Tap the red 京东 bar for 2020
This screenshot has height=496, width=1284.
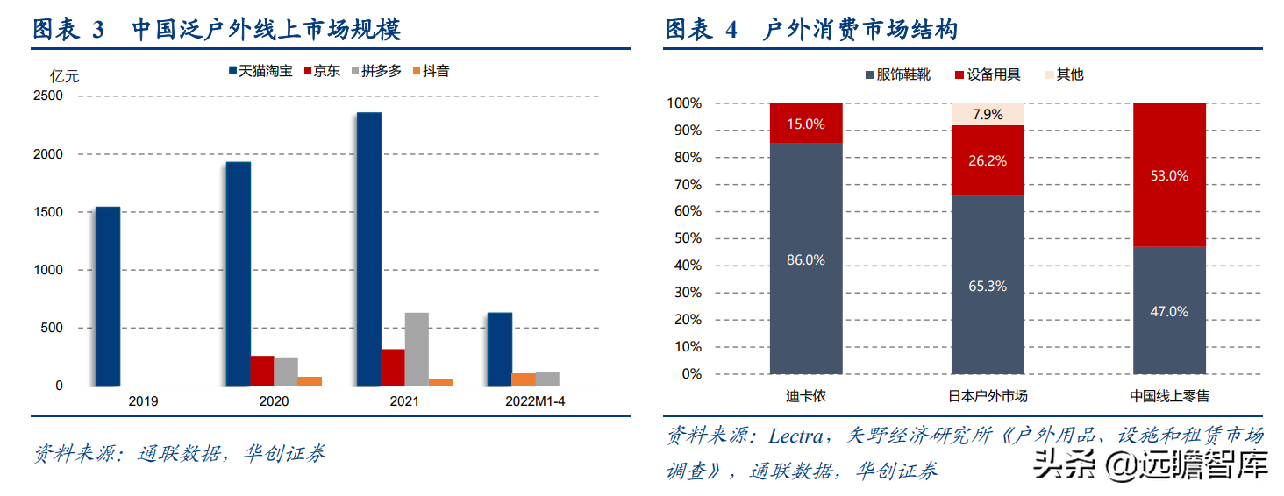[x=262, y=371]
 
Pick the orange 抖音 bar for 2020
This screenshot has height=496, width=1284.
[x=310, y=381]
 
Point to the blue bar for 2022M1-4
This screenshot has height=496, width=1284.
[x=500, y=349]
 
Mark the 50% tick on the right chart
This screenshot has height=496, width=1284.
[x=685, y=238]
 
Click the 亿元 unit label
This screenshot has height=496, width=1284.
[x=64, y=76]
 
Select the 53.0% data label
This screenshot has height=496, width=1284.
[x=1169, y=175]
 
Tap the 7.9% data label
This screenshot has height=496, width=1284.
[x=988, y=115]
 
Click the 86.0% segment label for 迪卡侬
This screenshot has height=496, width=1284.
[x=806, y=259]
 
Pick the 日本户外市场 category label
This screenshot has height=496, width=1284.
[x=988, y=396]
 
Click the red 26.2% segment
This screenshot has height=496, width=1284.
[x=988, y=160]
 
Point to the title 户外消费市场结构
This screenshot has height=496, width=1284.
[x=860, y=31]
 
